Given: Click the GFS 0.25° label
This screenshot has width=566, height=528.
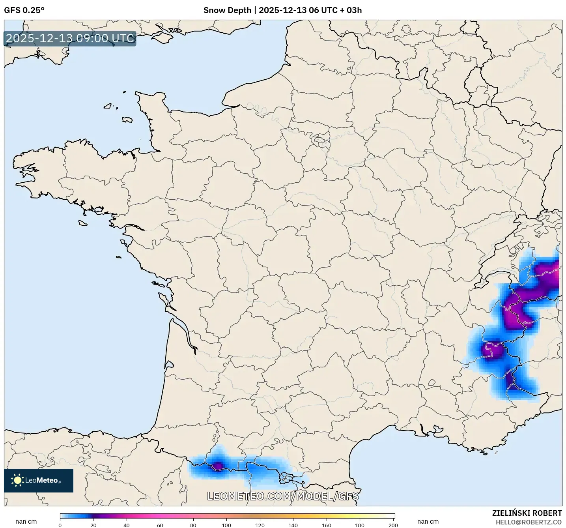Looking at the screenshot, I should (24, 10).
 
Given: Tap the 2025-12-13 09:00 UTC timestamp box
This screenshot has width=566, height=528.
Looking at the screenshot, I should (70, 39).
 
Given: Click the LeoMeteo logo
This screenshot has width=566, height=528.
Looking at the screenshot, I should (39, 480).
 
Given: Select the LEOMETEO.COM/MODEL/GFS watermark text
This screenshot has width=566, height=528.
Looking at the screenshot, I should (283, 496).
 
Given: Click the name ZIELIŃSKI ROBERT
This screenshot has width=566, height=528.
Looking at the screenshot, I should (527, 513).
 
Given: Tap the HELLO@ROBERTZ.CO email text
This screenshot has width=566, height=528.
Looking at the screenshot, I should (528, 522).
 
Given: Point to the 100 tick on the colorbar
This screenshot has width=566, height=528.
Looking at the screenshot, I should (226, 525).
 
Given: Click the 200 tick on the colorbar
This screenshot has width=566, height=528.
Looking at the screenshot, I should (393, 525).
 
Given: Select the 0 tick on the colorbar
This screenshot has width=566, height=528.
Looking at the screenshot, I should (60, 525).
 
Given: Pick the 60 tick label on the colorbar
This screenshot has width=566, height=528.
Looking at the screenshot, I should (160, 525).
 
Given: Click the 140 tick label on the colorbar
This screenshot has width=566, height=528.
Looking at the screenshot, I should (293, 525).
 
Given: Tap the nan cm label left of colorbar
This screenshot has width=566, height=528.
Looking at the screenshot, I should (26, 522).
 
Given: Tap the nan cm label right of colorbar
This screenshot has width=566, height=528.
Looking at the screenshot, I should (428, 522).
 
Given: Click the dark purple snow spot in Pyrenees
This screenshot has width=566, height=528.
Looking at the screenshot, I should (218, 466).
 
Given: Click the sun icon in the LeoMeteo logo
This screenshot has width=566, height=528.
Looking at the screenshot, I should (17, 480).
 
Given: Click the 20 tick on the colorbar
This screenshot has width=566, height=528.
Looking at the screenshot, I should (93, 525).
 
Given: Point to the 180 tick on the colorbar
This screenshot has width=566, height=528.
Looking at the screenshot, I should (360, 525).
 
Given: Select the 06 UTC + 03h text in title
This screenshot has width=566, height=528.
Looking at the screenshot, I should (335, 10).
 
